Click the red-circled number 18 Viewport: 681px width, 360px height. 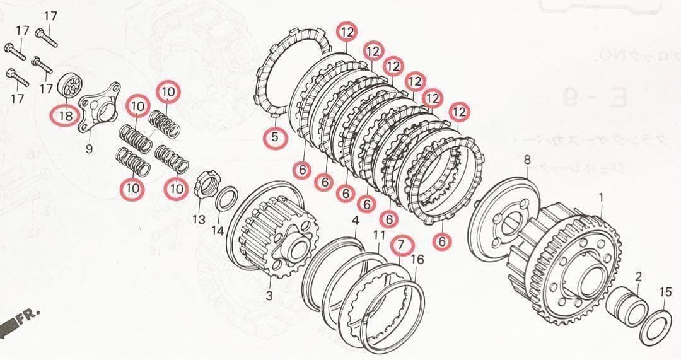[66, 115]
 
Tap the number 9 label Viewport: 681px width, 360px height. [89, 149]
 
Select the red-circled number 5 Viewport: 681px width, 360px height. [274, 137]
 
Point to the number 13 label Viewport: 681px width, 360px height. [199, 219]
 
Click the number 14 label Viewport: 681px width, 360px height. [218, 231]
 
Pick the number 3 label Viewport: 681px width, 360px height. [269, 296]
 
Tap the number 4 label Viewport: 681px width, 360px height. [356, 220]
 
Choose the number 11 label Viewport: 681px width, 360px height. [379, 235]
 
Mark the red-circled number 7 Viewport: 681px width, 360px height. [402, 244]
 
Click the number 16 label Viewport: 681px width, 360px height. [417, 258]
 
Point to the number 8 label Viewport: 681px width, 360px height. [527, 160]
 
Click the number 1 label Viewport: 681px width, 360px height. [600, 197]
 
